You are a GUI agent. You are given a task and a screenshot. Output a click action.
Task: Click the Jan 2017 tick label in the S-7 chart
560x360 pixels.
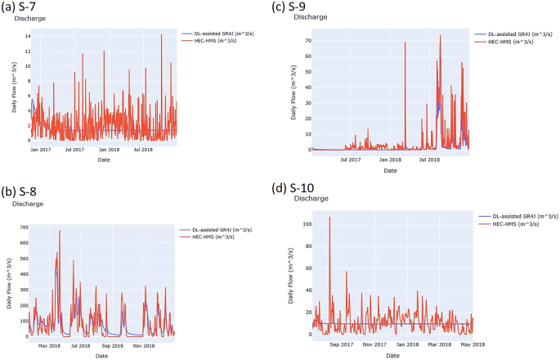(x=40, y=150)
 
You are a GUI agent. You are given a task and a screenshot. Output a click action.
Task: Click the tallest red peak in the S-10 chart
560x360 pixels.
(x=329, y=218)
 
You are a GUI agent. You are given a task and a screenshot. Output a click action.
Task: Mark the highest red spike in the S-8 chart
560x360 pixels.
(x=60, y=232)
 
